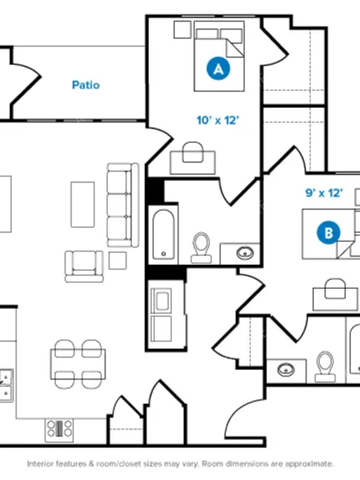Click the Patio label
(86, 85)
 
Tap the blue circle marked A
(219, 68)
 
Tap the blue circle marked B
(329, 233)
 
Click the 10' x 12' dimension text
(217, 121)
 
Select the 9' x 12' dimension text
(324, 193)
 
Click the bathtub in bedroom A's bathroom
(164, 234)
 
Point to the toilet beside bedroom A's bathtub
(201, 248)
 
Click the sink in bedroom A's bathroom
(245, 253)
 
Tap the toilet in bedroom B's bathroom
(325, 366)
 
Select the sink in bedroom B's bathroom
(286, 370)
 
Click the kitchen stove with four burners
(60, 430)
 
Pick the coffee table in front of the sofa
(83, 205)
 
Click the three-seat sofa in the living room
(123, 205)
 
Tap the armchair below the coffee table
(84, 266)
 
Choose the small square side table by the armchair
(118, 260)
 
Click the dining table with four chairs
(78, 365)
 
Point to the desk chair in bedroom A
(193, 152)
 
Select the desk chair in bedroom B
(335, 288)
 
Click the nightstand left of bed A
(182, 29)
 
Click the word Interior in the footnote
(39, 464)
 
